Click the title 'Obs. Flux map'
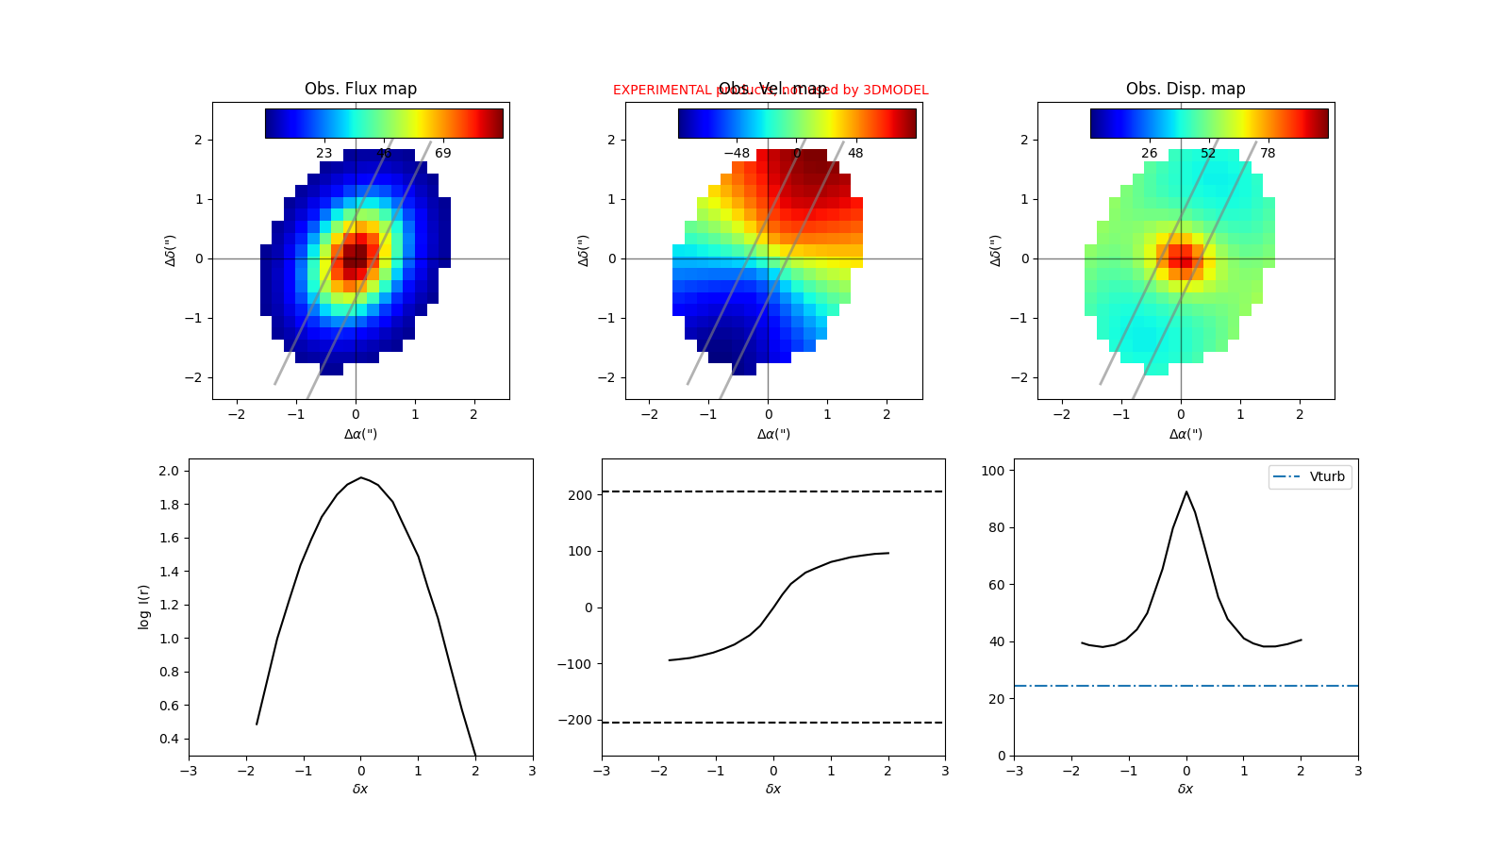[x=360, y=89]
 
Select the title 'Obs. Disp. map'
[x=1186, y=89]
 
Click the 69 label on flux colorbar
[x=442, y=153]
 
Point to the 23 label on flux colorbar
[x=323, y=153]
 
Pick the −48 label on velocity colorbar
[x=736, y=153]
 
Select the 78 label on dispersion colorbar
[x=1268, y=153]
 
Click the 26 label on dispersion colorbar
[x=1149, y=153]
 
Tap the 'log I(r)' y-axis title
[x=144, y=607]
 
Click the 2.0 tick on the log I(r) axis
[x=170, y=471]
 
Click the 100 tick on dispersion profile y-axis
[x=996, y=471]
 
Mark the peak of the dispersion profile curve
[x=1186, y=491]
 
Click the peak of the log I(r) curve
[x=360, y=477]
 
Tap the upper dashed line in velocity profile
[x=773, y=491]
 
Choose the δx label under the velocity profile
[x=773, y=789]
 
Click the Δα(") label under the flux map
[x=360, y=434]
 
